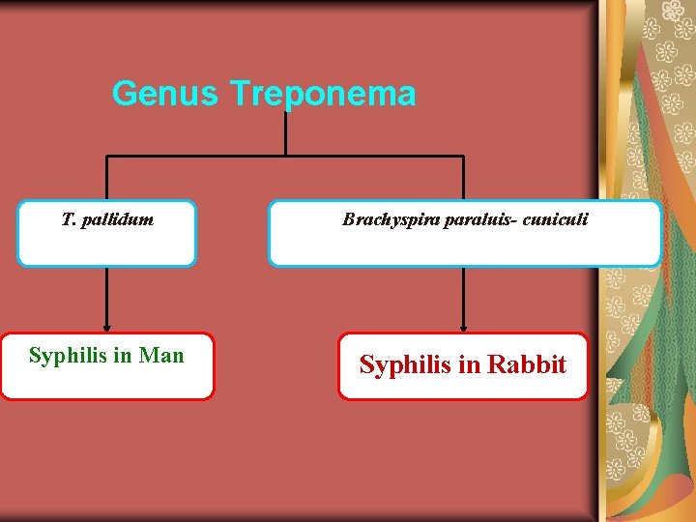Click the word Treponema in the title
323,94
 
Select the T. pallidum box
106,234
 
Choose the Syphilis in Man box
106,367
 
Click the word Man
161,356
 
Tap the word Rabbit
527,365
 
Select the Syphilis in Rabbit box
463,367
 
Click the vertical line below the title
285,133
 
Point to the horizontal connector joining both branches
285,156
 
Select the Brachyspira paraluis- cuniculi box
464,234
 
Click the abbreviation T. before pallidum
69,219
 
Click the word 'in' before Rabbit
470,365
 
